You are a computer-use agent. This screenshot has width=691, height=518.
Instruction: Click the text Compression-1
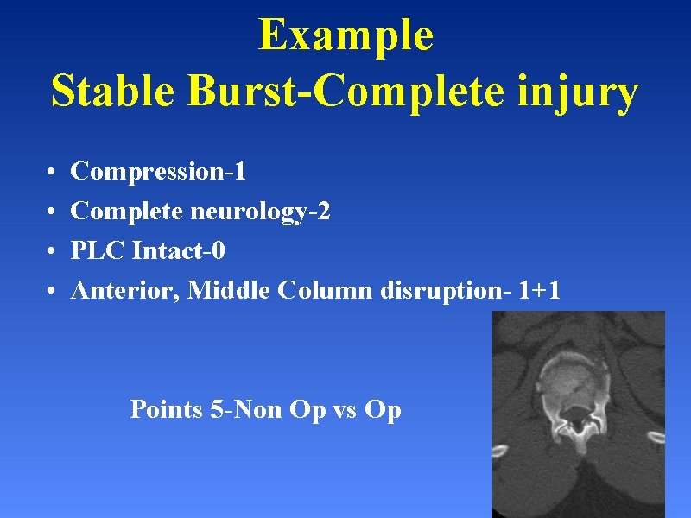[158, 172]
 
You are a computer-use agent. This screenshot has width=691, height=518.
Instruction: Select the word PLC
[98, 251]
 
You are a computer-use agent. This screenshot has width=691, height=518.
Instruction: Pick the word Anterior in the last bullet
[126, 291]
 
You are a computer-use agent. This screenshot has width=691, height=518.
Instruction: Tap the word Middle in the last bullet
[229, 291]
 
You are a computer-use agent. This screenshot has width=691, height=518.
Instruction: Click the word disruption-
[446, 292]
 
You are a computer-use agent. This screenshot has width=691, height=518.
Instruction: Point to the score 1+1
[539, 291]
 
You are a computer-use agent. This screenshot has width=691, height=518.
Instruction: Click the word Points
[166, 409]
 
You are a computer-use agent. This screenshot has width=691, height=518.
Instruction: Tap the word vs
[333, 409]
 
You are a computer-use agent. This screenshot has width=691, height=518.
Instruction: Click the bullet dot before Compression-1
[53, 173]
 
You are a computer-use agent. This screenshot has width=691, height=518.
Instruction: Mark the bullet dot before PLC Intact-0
[53, 252]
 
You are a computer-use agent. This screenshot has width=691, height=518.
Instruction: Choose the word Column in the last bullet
[326, 291]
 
